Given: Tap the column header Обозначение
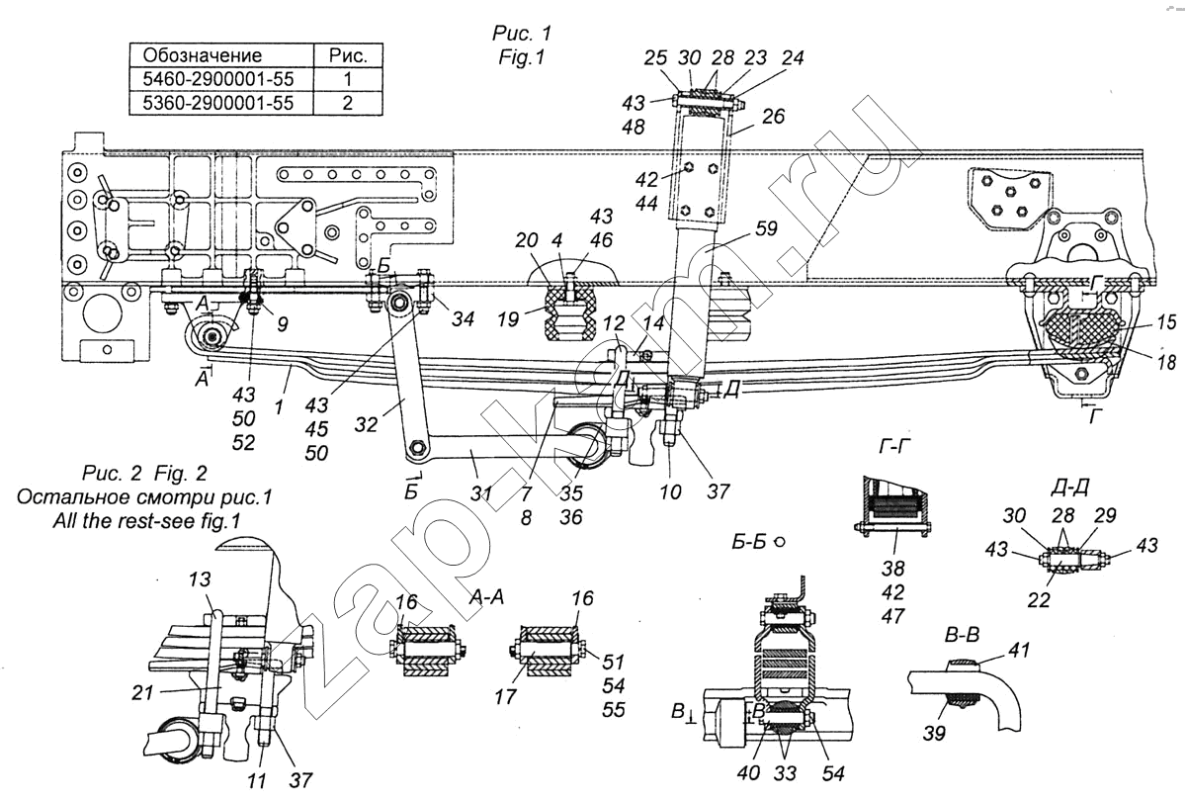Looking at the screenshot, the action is [x=203, y=55].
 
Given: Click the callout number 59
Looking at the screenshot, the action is [x=766, y=228].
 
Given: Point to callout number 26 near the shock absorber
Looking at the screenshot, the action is [x=773, y=117].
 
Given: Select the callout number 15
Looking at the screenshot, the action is [x=1166, y=322].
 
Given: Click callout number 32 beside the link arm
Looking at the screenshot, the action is [x=366, y=424].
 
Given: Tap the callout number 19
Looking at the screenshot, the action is [x=508, y=319].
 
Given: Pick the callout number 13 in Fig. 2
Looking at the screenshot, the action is [x=199, y=579].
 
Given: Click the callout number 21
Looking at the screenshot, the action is [x=142, y=692].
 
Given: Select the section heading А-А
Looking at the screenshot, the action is [x=486, y=598].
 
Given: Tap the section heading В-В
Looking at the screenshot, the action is [x=962, y=635].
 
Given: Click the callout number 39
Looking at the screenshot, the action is [x=934, y=734].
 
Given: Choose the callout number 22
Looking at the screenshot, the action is [x=1039, y=600].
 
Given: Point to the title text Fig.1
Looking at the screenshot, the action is [x=522, y=57].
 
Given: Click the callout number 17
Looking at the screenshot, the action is [x=505, y=696].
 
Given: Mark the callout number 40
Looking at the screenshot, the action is [x=748, y=773].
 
